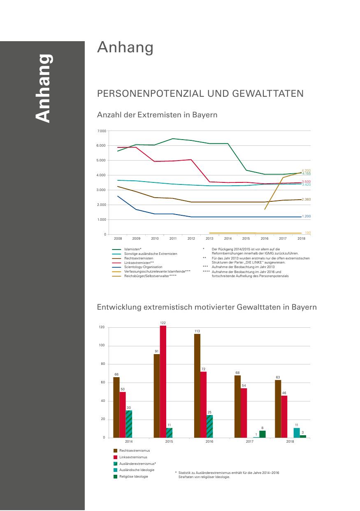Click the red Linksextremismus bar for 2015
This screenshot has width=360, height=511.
163,381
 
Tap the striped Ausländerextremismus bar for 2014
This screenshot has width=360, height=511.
129,424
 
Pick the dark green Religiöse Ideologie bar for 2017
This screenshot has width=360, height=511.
262,434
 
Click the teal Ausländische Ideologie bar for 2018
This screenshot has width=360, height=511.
297,432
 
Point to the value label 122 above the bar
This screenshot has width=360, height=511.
163,323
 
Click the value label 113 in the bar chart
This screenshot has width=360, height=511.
197,331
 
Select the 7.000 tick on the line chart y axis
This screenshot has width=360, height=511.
101,131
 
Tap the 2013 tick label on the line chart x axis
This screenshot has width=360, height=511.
209,238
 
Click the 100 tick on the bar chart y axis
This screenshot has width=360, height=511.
102,346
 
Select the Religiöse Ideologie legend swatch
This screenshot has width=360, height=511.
116,476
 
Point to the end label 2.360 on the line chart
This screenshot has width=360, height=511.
306,199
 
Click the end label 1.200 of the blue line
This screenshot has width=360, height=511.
306,216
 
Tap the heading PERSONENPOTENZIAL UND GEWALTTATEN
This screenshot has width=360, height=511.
200,93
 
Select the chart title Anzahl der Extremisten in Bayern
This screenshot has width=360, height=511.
157,115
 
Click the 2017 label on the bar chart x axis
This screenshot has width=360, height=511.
249,441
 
